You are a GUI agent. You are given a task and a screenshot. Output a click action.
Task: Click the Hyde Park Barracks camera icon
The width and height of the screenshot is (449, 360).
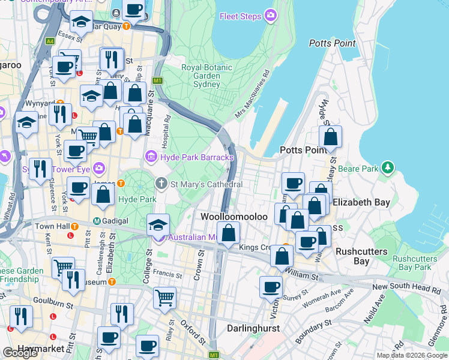click(x=152, y=157)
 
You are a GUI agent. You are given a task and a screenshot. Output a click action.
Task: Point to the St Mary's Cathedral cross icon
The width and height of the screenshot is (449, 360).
click(x=161, y=183)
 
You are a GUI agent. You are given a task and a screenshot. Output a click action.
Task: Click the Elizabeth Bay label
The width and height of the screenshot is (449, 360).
click(x=362, y=202)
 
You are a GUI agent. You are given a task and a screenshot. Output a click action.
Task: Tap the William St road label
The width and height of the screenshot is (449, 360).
click(x=303, y=275)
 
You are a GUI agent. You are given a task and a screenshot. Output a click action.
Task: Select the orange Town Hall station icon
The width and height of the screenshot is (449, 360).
click(x=75, y=226)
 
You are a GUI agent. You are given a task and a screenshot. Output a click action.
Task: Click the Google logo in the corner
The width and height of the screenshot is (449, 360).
click(x=20, y=353)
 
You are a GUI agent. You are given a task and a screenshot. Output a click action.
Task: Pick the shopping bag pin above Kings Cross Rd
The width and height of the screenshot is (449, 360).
click(x=228, y=232)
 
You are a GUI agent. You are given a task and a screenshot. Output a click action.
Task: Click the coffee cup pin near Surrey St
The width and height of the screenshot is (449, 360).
click(x=271, y=287)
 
